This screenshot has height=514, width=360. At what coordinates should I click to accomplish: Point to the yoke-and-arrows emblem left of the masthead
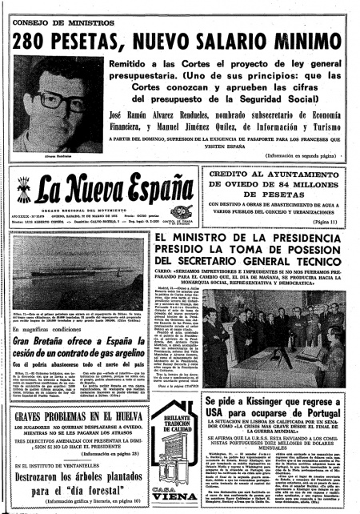coord(26,192)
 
